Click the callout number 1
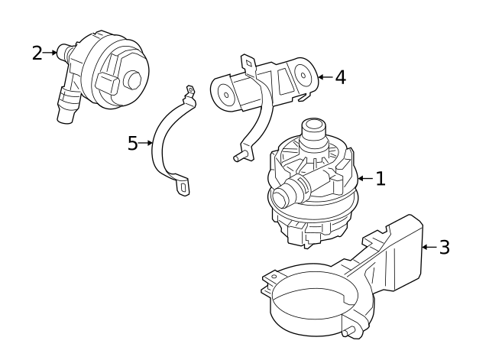(x=380, y=179)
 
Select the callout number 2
(x=37, y=53)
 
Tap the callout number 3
(x=444, y=248)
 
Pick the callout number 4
(x=340, y=77)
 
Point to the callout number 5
(x=132, y=144)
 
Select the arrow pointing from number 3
(x=428, y=248)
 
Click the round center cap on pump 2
(x=134, y=80)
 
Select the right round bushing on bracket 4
(x=303, y=76)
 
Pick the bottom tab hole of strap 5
(x=183, y=184)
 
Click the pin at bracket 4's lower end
(x=238, y=157)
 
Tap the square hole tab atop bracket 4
(x=248, y=62)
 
